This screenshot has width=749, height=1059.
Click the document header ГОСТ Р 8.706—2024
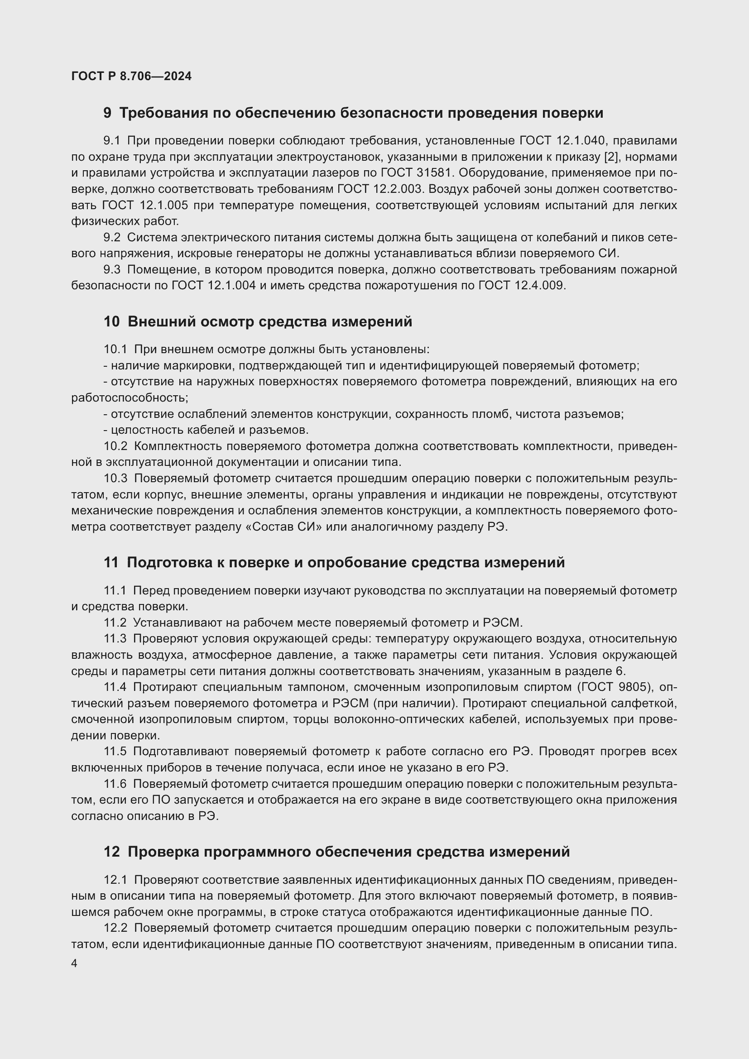[131, 77]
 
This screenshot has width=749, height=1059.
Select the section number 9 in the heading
[107, 114]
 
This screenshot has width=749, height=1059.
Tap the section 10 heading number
[111, 322]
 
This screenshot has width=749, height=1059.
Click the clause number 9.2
[111, 238]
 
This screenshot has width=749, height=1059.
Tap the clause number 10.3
[115, 479]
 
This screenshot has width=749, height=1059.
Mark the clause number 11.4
[115, 687]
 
